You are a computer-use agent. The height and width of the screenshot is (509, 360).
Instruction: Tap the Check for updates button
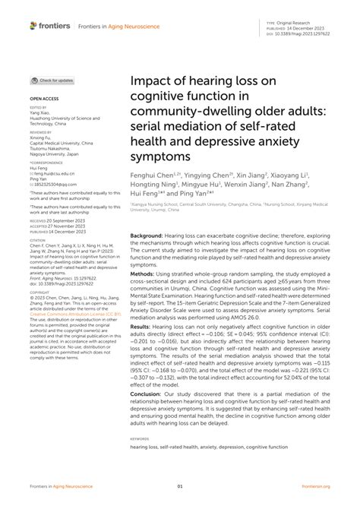pos(52,80)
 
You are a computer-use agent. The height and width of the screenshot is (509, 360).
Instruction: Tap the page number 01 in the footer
pos(180,487)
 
